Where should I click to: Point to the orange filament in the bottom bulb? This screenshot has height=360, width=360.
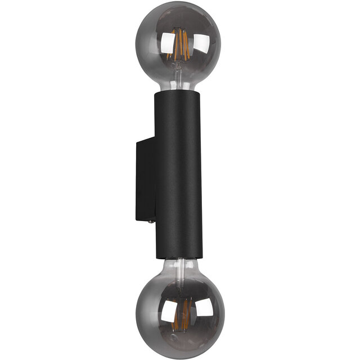click(182, 315)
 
